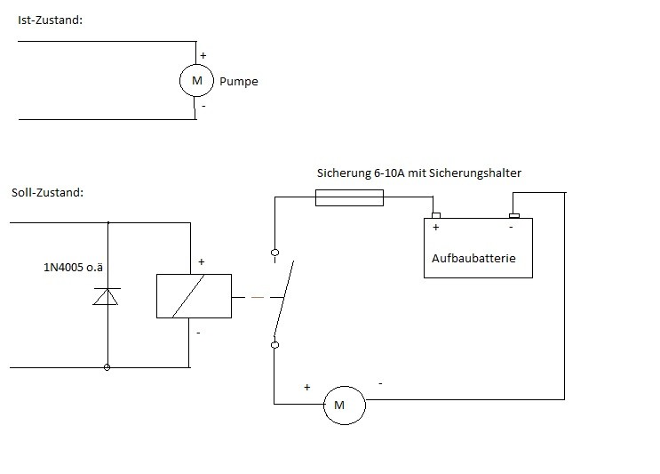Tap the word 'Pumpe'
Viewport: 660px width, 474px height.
click(238, 82)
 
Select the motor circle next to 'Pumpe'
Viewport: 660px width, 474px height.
click(195, 82)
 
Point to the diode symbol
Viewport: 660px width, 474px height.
click(107, 297)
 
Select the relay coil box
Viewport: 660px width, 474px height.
click(193, 295)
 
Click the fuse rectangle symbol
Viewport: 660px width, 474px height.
click(350, 200)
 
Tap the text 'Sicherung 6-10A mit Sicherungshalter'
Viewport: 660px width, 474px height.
click(418, 173)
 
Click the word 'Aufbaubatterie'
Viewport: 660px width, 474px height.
click(473, 259)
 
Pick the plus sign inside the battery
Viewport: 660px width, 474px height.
click(436, 228)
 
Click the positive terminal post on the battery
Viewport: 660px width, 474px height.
click(435, 214)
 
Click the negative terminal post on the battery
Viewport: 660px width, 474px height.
click(513, 214)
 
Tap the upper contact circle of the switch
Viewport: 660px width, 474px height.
click(274, 253)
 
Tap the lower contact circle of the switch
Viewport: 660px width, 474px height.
click(274, 344)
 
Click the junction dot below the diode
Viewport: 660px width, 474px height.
click(107, 366)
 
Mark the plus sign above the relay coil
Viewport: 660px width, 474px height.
click(202, 262)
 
